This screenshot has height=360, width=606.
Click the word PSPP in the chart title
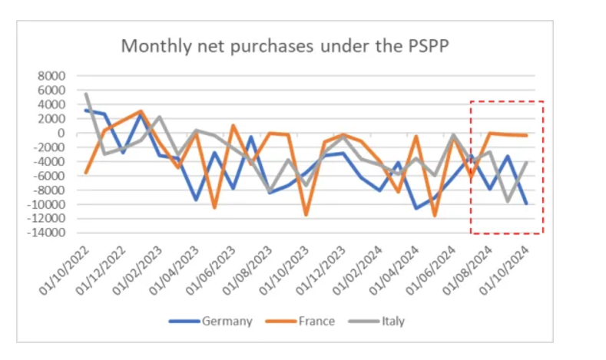422,46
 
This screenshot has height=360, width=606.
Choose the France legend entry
316,321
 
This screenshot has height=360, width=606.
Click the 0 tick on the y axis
63,134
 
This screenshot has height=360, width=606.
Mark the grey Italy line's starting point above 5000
86,94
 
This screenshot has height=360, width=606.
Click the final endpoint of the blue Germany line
526,203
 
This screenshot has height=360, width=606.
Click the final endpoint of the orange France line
526,136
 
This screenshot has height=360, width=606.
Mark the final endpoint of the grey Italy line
526,163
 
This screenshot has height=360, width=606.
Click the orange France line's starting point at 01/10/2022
86,173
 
